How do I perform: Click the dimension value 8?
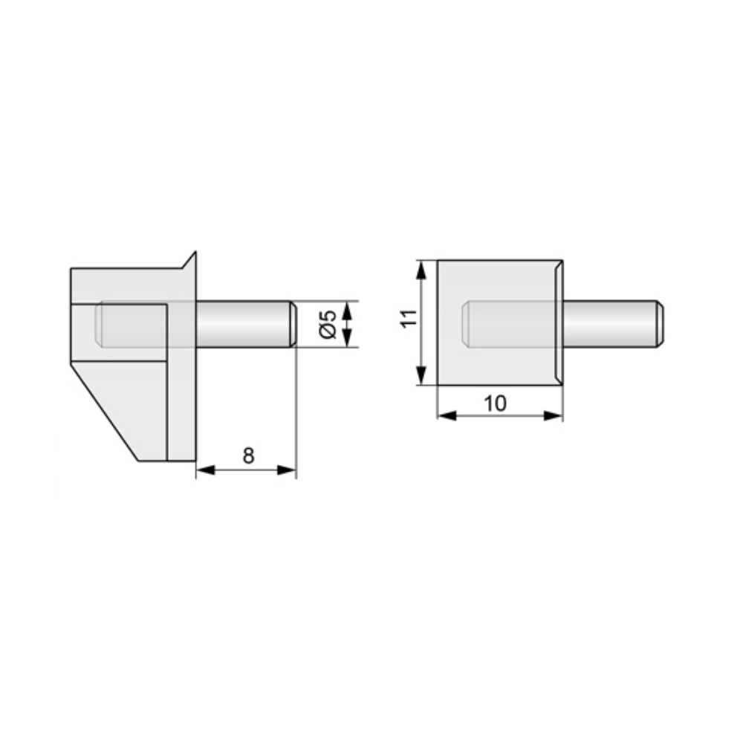(x=247, y=455)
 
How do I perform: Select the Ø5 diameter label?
(x=328, y=324)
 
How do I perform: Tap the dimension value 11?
(x=406, y=319)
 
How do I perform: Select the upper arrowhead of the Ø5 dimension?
(x=345, y=308)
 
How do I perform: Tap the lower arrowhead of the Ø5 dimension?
(x=345, y=340)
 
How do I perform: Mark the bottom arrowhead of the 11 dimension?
(x=422, y=377)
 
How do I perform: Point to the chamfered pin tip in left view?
(x=292, y=324)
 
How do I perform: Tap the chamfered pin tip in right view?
(x=660, y=324)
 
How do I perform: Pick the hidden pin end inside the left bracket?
(x=99, y=324)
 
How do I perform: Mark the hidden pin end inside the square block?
(x=467, y=324)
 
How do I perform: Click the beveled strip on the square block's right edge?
(x=559, y=323)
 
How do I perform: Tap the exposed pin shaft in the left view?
(x=241, y=324)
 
